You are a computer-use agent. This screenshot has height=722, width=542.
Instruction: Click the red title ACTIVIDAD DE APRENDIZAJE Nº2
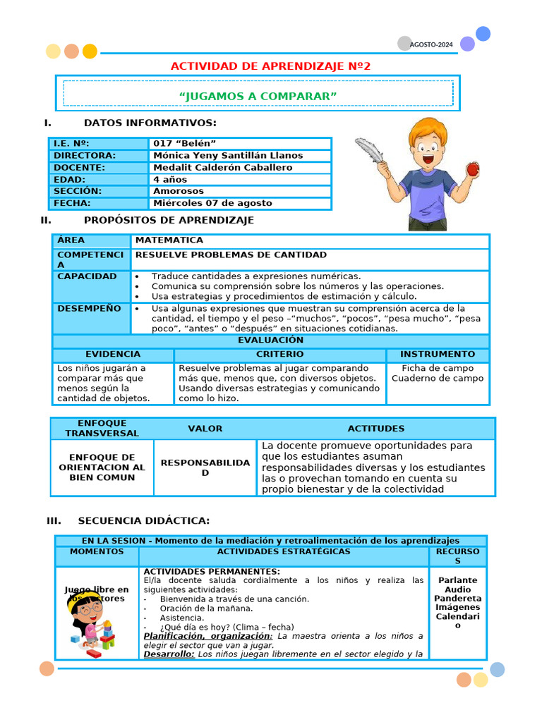point(270,66)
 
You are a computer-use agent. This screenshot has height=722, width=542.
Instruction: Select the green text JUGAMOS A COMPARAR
point(258,95)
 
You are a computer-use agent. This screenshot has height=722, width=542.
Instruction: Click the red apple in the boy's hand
point(473,169)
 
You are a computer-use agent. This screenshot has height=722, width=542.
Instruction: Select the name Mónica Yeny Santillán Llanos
point(228,155)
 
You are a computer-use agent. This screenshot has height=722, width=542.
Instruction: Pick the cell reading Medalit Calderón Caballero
point(222,167)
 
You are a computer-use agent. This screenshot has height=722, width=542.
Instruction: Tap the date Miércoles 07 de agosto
point(212,203)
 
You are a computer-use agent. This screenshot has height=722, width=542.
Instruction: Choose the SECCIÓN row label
point(78,191)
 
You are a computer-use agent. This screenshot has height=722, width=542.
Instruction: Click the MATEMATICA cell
point(169,240)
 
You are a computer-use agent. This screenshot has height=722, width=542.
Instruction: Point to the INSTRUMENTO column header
point(438,354)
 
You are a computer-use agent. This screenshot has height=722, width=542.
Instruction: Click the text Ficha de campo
point(438,368)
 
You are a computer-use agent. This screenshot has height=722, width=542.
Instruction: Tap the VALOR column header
point(205,429)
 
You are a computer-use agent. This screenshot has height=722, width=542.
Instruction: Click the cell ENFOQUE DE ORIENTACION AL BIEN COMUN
point(102,467)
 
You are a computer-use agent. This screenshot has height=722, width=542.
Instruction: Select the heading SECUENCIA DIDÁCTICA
point(143,520)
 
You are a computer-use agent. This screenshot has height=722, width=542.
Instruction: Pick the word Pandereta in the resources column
point(457,599)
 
